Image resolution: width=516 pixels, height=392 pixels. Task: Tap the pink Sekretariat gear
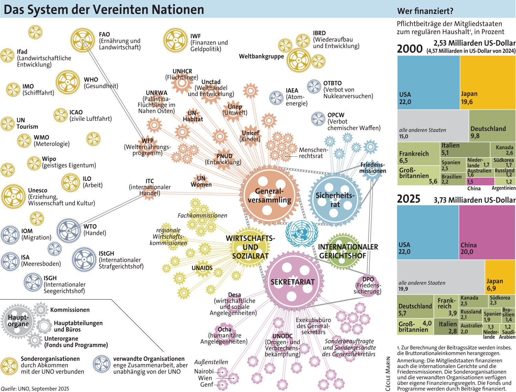pos(292,282)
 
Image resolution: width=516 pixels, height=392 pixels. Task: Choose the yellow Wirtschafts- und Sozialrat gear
pos(250,247)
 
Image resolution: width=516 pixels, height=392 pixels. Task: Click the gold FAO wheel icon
pos(83,41)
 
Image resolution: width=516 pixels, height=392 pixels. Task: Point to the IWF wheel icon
pos(175,41)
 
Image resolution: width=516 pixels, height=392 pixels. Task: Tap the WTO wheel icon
pos(69,230)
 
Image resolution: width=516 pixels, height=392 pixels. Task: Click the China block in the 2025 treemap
pos(487,232)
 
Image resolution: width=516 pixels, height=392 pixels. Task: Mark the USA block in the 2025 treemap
pos(428,232)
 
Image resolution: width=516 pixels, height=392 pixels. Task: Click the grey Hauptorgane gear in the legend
pos(19,321)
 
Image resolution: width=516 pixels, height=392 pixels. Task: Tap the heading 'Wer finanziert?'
pos(425,11)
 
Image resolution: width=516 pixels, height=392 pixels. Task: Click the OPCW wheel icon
pos(318,119)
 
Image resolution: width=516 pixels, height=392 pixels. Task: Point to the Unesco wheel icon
pos(13,197)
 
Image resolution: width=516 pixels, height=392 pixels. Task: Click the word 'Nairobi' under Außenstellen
pos(204,371)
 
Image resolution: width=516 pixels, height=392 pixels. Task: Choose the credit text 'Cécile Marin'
pos(388,373)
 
